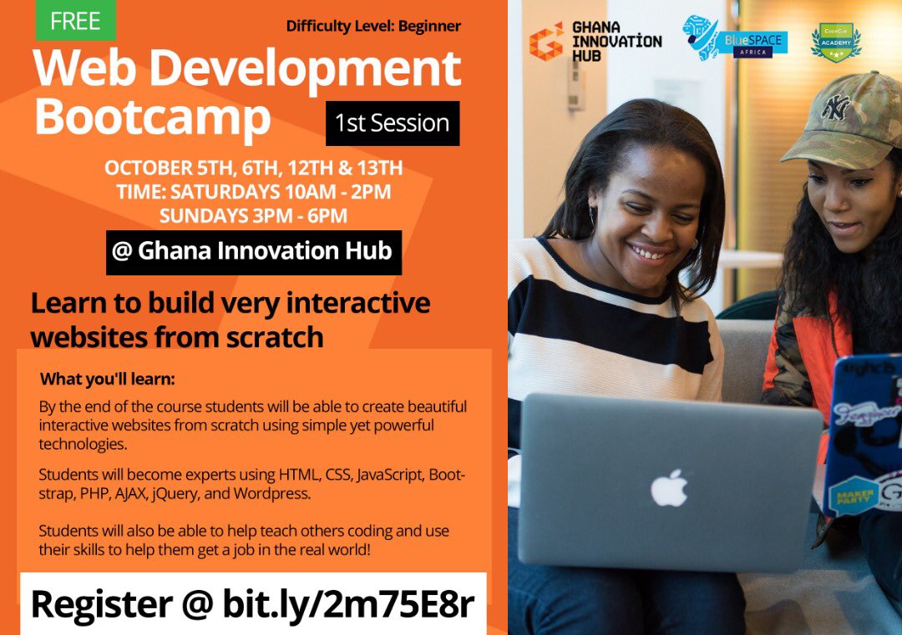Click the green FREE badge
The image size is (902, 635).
(x=75, y=21)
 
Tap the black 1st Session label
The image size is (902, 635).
(x=392, y=123)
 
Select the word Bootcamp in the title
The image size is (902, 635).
(x=153, y=118)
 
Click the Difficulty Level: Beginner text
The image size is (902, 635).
(x=373, y=26)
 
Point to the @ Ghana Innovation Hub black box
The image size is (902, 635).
(x=253, y=251)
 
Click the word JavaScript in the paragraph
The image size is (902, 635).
(x=393, y=476)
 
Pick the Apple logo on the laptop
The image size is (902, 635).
(x=669, y=488)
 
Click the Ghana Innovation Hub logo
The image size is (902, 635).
(x=595, y=41)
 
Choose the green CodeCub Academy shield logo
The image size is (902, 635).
(x=835, y=42)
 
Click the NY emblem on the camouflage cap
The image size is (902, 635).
(x=836, y=107)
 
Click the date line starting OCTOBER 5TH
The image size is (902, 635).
(x=253, y=168)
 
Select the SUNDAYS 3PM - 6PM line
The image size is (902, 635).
(x=253, y=215)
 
